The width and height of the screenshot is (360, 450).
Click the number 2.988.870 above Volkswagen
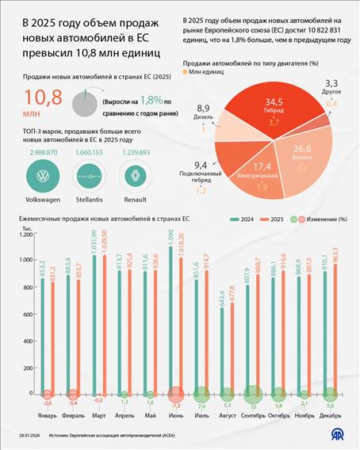pos(44,151)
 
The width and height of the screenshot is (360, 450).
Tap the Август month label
pos(226,413)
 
